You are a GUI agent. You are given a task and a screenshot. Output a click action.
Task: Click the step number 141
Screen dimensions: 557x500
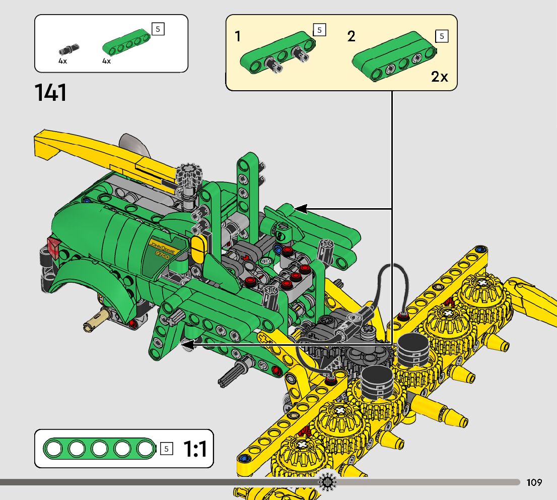[50, 93]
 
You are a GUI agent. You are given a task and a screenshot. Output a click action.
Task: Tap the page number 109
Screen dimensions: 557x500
[534, 482]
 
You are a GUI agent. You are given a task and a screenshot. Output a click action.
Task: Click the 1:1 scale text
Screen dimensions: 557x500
[195, 449]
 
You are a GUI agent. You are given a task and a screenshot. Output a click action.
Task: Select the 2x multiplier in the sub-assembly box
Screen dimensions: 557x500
[440, 77]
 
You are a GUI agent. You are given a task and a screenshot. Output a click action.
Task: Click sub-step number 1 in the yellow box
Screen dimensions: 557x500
[238, 36]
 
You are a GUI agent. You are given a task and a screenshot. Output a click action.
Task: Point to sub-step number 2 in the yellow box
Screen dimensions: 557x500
[351, 36]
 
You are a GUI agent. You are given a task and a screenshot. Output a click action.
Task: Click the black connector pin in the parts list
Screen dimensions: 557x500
[69, 49]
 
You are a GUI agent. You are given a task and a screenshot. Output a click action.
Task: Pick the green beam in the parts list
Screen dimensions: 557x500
[127, 42]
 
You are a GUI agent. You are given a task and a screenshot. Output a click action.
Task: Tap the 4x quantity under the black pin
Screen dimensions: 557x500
[62, 61]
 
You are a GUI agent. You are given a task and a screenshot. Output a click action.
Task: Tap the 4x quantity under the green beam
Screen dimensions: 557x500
[107, 61]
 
